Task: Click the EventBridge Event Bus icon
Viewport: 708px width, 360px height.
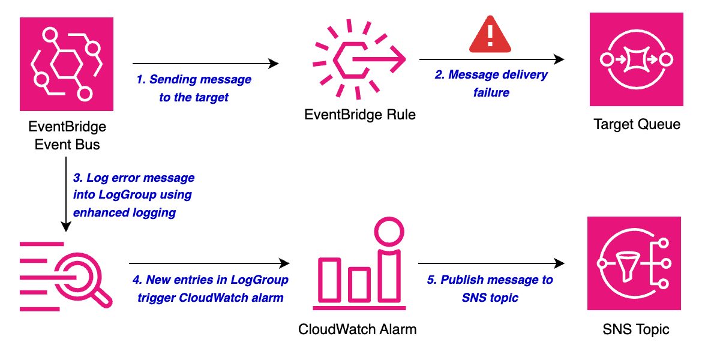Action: [x=67, y=64]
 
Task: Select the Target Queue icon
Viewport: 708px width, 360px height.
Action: [x=636, y=59]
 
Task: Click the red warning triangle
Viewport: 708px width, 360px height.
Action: [x=490, y=36]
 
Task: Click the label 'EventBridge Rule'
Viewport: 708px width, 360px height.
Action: [x=360, y=114]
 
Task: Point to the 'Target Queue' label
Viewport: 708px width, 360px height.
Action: [x=637, y=124]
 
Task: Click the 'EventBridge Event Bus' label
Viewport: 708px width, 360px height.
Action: [x=67, y=135]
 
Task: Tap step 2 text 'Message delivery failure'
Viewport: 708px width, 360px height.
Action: [x=491, y=83]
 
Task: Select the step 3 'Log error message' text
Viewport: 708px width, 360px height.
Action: [x=133, y=195]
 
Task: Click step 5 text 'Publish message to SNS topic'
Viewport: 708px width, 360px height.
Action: [x=490, y=289]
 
